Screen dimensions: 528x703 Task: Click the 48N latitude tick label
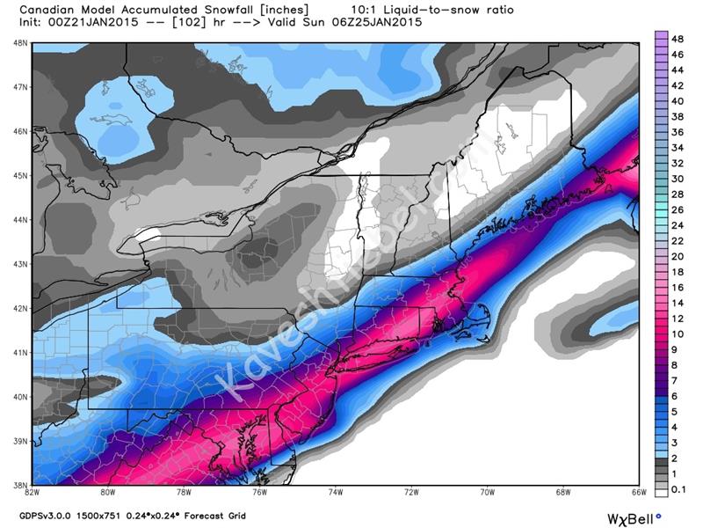[x=18, y=42]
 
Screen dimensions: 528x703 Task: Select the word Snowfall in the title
[x=236, y=10]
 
